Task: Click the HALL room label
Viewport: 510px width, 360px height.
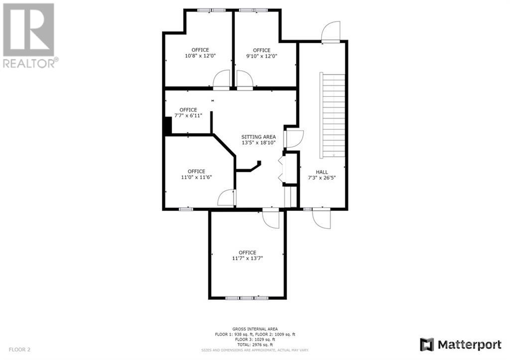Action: click(x=322, y=172)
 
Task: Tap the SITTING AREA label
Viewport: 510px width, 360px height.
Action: click(x=258, y=137)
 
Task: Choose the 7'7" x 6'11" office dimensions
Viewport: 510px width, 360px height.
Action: click(x=188, y=116)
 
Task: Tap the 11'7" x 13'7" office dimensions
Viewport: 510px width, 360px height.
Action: click(x=247, y=258)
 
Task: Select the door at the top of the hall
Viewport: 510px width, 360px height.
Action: click(x=331, y=33)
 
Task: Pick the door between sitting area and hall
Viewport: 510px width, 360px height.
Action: click(x=293, y=138)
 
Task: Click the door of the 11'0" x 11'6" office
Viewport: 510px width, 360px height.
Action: click(x=227, y=198)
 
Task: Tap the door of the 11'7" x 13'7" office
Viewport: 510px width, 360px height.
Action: click(x=271, y=219)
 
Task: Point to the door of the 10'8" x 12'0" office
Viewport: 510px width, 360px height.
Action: click(x=221, y=80)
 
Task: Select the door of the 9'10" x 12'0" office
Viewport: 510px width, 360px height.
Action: click(x=244, y=80)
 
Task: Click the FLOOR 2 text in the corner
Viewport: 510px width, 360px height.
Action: click(x=19, y=350)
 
